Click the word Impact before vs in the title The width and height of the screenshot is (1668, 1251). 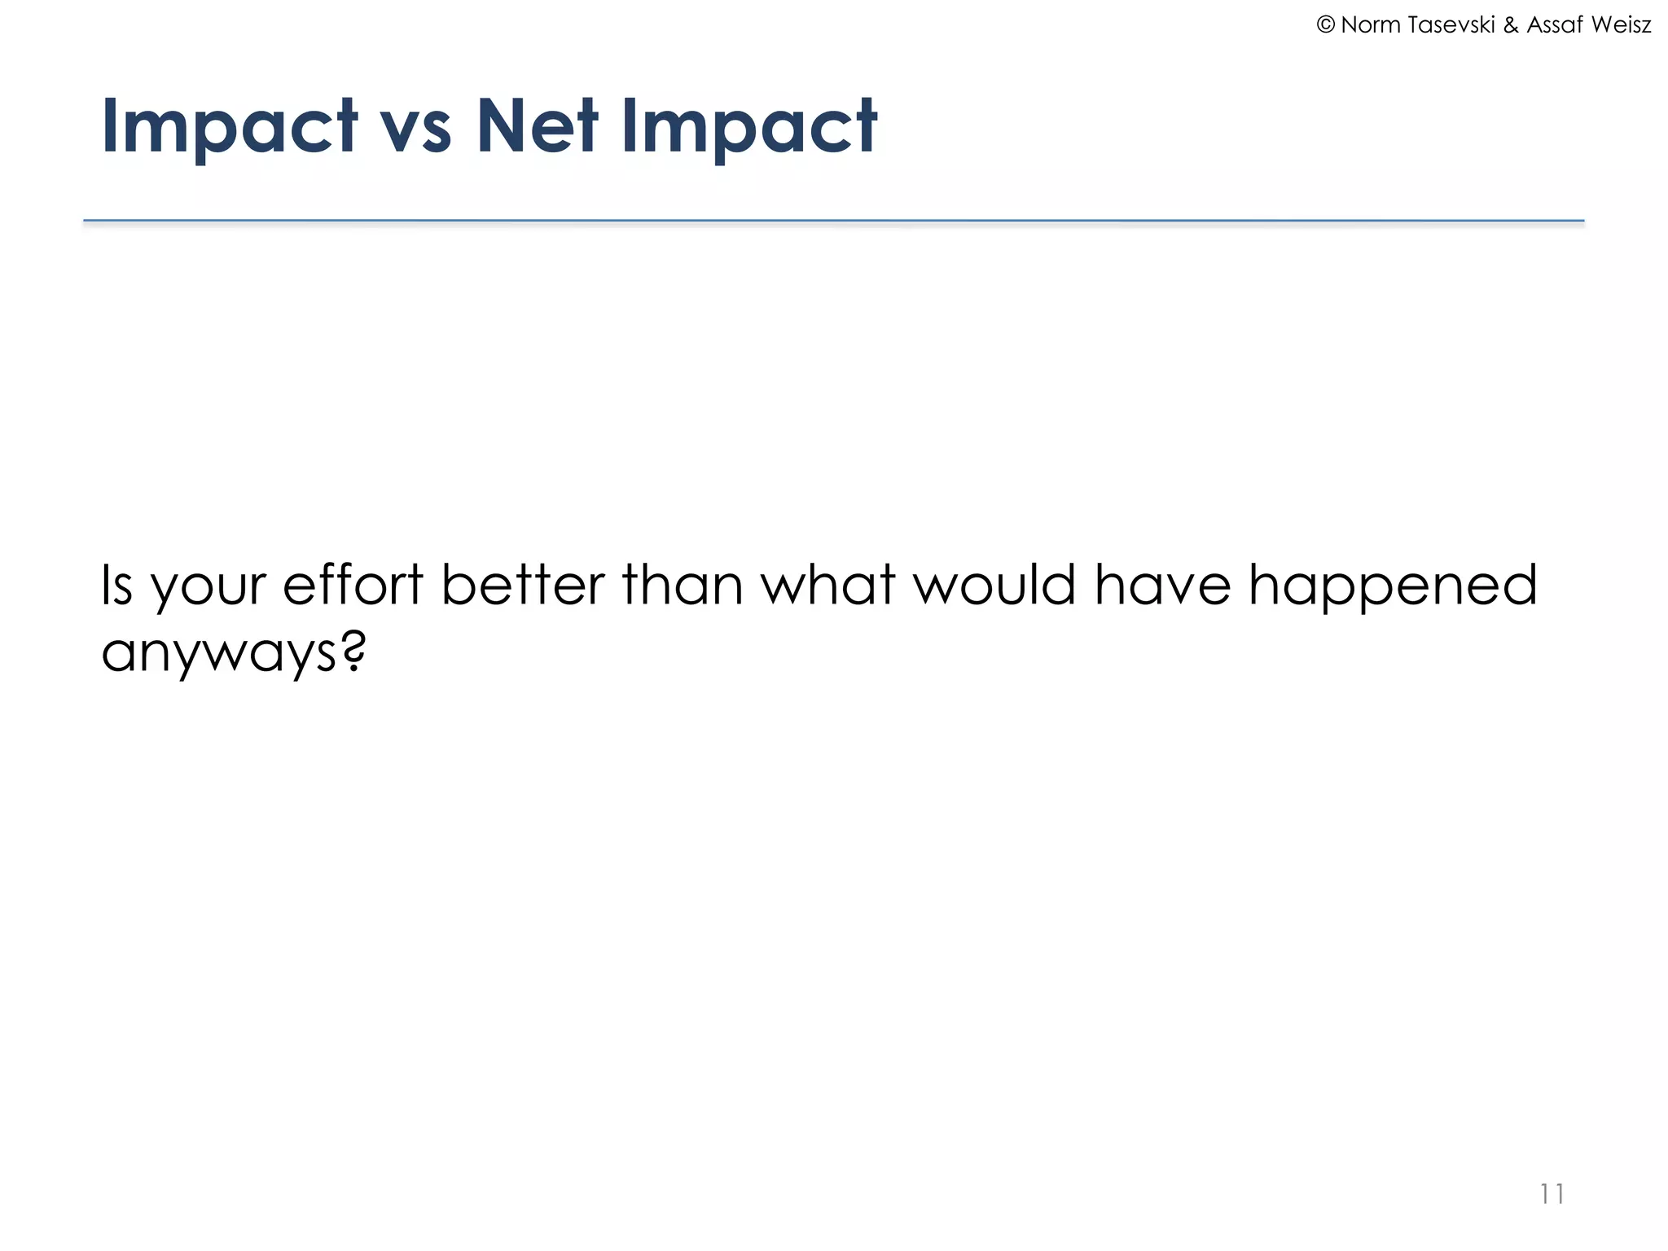229,126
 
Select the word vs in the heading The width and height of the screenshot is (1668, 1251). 415,130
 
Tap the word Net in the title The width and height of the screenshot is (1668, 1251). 538,126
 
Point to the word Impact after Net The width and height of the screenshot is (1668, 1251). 749,126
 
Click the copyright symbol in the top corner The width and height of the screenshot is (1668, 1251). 1325,25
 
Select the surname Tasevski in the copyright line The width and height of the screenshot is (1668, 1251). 1452,25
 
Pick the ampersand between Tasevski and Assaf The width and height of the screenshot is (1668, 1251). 1511,25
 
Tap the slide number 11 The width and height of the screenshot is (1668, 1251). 1552,1194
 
